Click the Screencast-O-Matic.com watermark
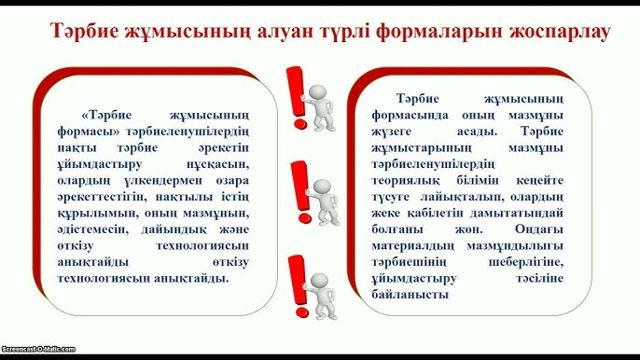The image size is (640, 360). (37, 348)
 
